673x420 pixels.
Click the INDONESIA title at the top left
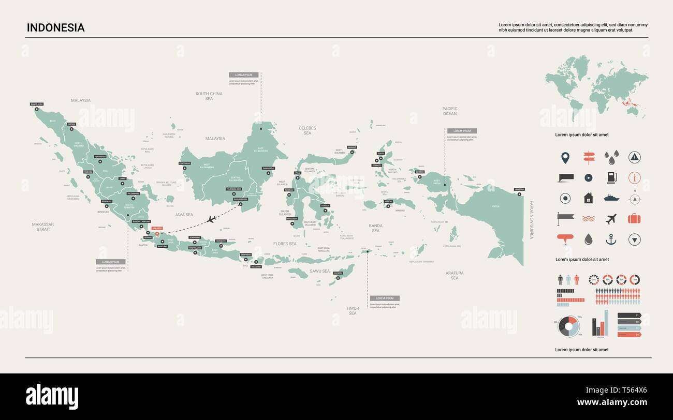pos(55,28)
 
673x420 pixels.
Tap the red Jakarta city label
pos(157,228)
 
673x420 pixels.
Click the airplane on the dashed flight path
pos(211,219)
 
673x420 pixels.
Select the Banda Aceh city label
pos(37,104)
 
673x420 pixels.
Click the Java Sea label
pos(184,214)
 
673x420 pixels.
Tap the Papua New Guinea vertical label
pos(531,220)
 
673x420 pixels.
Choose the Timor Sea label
pos(353,310)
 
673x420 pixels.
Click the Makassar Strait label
pos(43,227)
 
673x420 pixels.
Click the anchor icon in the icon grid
pos(611,239)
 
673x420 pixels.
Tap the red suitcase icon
pos(634,218)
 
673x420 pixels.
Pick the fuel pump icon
pos(611,177)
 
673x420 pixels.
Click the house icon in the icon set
pos(588,198)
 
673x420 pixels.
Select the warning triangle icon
pos(634,157)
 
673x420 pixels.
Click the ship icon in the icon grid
pos(611,198)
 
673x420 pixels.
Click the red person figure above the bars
pos(576,280)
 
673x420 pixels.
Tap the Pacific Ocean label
pos(450,111)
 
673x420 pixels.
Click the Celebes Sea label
pos(308,130)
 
